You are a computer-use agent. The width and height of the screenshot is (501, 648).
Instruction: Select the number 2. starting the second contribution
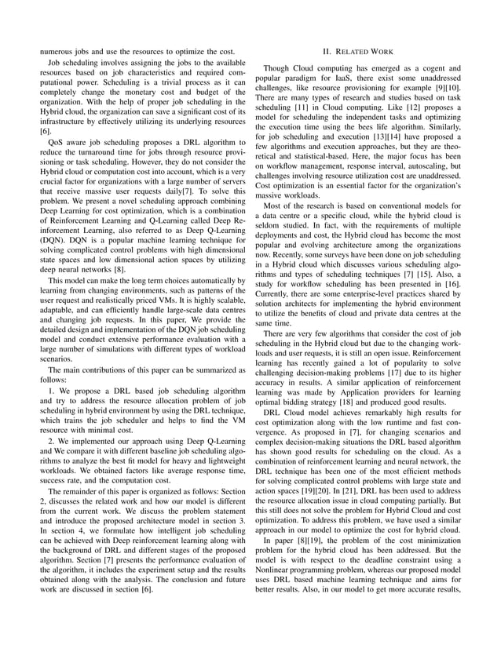point(50,441)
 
